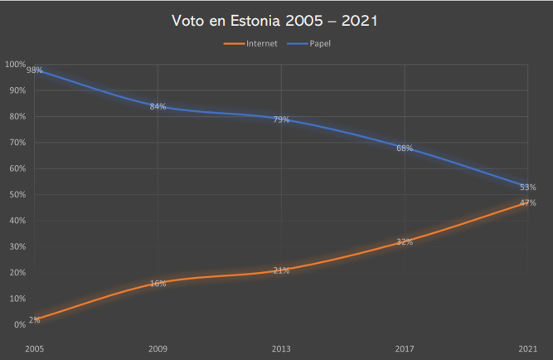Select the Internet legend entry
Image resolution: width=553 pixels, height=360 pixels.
tap(261, 44)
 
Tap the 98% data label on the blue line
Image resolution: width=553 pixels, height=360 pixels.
tap(35, 71)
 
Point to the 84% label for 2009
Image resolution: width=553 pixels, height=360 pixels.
tap(158, 106)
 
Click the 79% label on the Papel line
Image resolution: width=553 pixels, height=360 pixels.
tap(281, 120)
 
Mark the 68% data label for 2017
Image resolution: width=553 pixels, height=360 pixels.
tap(405, 148)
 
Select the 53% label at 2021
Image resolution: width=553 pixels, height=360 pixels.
tap(527, 187)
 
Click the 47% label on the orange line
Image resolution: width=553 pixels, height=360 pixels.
tap(527, 203)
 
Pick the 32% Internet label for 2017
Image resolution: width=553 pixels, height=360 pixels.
tap(405, 242)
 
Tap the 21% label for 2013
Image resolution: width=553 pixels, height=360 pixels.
tap(281, 270)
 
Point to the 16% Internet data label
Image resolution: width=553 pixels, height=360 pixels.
tap(158, 284)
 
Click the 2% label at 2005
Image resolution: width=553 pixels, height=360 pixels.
tap(34, 319)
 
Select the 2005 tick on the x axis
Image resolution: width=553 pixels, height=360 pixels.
tap(34, 348)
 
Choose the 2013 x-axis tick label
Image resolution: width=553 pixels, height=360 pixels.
tap(281, 348)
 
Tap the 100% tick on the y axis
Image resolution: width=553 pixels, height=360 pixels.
tap(15, 64)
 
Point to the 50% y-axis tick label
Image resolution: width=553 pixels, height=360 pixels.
tap(17, 194)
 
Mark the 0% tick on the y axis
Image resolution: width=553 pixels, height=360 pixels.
tap(20, 324)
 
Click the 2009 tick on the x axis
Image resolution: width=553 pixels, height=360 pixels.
tap(158, 348)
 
